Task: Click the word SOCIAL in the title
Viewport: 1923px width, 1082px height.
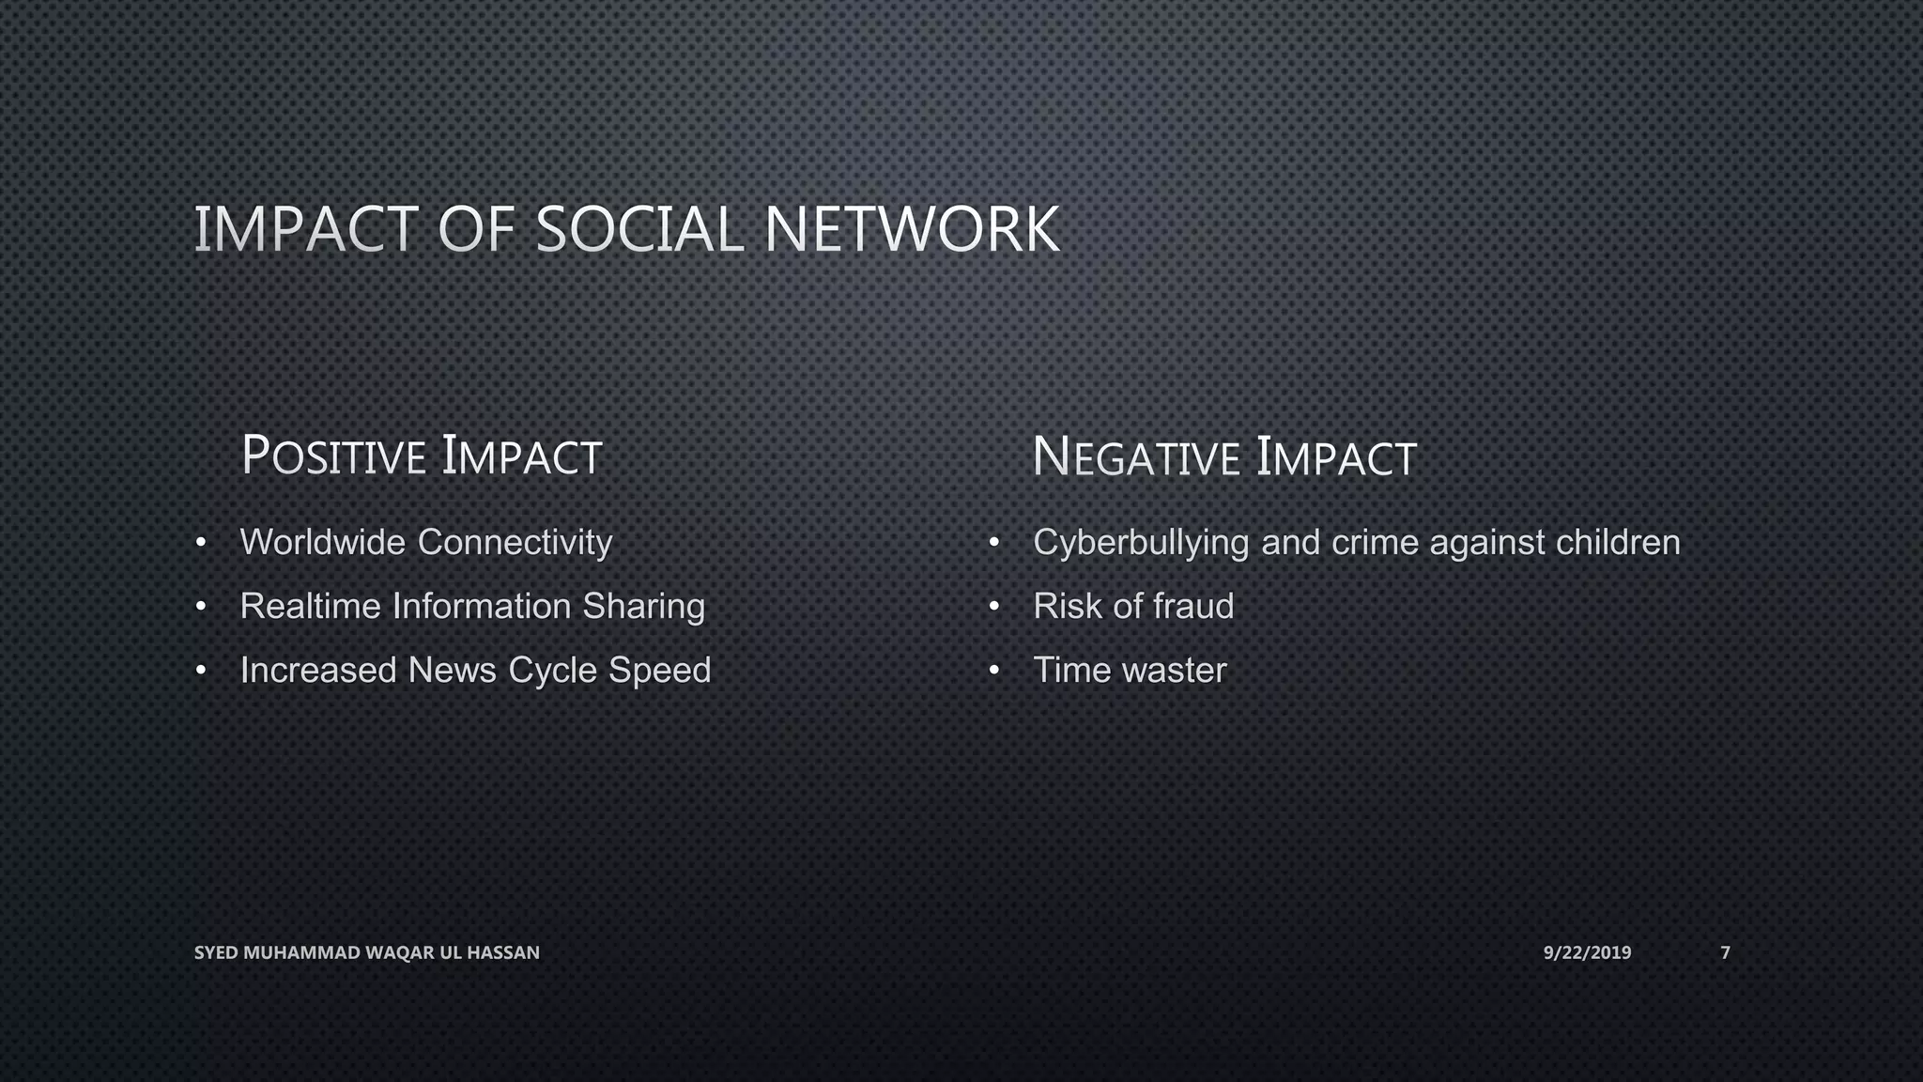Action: (x=638, y=230)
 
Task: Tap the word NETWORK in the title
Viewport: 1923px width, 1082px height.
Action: (x=912, y=230)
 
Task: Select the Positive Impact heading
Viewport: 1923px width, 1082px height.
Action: (x=421, y=456)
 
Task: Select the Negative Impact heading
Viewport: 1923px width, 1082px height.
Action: (x=1223, y=457)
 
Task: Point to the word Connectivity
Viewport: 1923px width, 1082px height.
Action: (x=515, y=543)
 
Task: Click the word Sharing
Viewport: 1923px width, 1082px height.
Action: (x=643, y=607)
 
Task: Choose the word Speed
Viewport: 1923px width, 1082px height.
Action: (x=659, y=671)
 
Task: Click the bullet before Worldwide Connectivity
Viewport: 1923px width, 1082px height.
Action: (x=200, y=543)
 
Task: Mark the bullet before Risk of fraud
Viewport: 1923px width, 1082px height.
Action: (x=993, y=607)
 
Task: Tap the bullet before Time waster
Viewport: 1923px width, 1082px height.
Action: (x=993, y=671)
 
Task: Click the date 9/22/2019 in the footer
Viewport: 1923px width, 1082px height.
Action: (x=1587, y=952)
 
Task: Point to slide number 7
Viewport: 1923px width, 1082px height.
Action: (x=1725, y=952)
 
